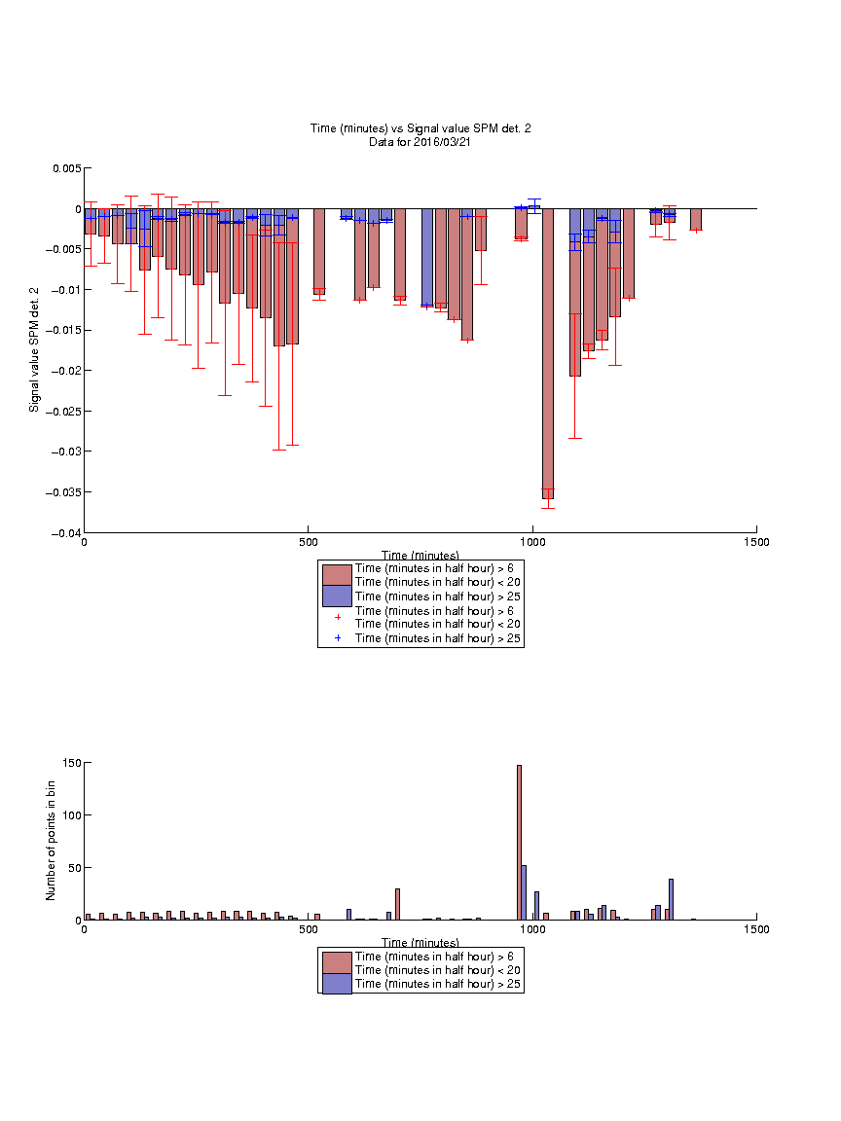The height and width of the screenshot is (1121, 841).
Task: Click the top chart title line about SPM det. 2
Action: [420, 128]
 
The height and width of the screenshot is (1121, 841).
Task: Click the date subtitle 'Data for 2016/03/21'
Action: [420, 141]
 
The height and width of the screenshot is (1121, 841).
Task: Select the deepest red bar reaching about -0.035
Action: [548, 354]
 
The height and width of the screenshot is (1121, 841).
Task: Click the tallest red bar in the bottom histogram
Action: [519, 843]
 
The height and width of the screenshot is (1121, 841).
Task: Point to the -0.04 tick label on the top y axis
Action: [66, 533]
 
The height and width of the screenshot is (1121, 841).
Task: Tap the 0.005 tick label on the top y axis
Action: [67, 168]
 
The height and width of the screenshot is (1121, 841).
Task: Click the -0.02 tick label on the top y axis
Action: [66, 371]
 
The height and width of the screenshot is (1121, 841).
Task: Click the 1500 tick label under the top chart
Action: [756, 542]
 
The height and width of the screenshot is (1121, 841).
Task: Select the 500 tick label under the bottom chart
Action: [309, 929]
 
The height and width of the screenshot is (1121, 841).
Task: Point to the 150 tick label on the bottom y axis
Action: [72, 763]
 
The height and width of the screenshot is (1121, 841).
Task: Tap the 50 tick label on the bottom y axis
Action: [75, 868]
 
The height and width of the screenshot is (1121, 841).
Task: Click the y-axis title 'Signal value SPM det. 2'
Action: [34, 349]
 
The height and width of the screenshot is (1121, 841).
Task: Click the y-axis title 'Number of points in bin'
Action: [51, 840]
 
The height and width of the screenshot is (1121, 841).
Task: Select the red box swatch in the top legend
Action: [337, 575]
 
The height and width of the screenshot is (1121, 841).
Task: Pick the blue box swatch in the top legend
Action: [337, 597]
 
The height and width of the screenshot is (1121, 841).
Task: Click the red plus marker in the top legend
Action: [338, 617]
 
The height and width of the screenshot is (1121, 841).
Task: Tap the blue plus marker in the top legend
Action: [338, 637]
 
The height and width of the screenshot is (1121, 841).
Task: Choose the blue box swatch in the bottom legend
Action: [337, 984]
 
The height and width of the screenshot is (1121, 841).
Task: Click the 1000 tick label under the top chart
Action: [532, 542]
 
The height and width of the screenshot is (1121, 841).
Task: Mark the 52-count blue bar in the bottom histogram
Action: [525, 893]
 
